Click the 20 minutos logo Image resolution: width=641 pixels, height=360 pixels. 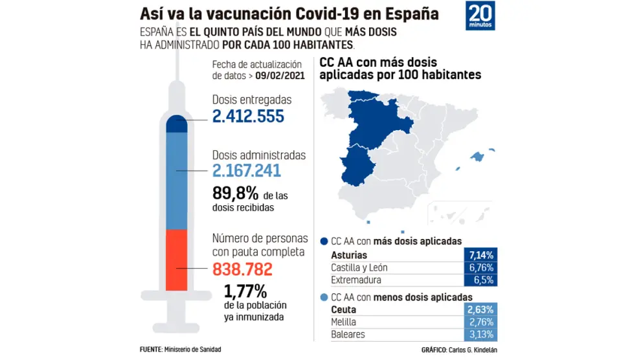[480, 16]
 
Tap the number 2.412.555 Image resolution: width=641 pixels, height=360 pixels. [248, 117]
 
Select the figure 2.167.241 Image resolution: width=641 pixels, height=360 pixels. [247, 171]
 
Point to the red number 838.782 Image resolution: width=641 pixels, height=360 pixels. [242, 269]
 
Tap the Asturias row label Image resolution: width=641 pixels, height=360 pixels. [349, 255]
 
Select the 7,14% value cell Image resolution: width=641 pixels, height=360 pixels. [480, 255]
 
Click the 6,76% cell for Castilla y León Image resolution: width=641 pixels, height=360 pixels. [480, 267]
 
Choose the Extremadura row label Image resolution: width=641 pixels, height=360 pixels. [357, 280]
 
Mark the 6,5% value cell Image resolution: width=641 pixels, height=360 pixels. [480, 280]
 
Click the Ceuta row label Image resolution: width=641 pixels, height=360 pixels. [343, 309]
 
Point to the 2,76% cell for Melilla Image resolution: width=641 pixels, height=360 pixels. [480, 322]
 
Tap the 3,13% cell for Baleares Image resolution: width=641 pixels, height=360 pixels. [480, 335]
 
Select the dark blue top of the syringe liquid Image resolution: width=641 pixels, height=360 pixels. [177, 123]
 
